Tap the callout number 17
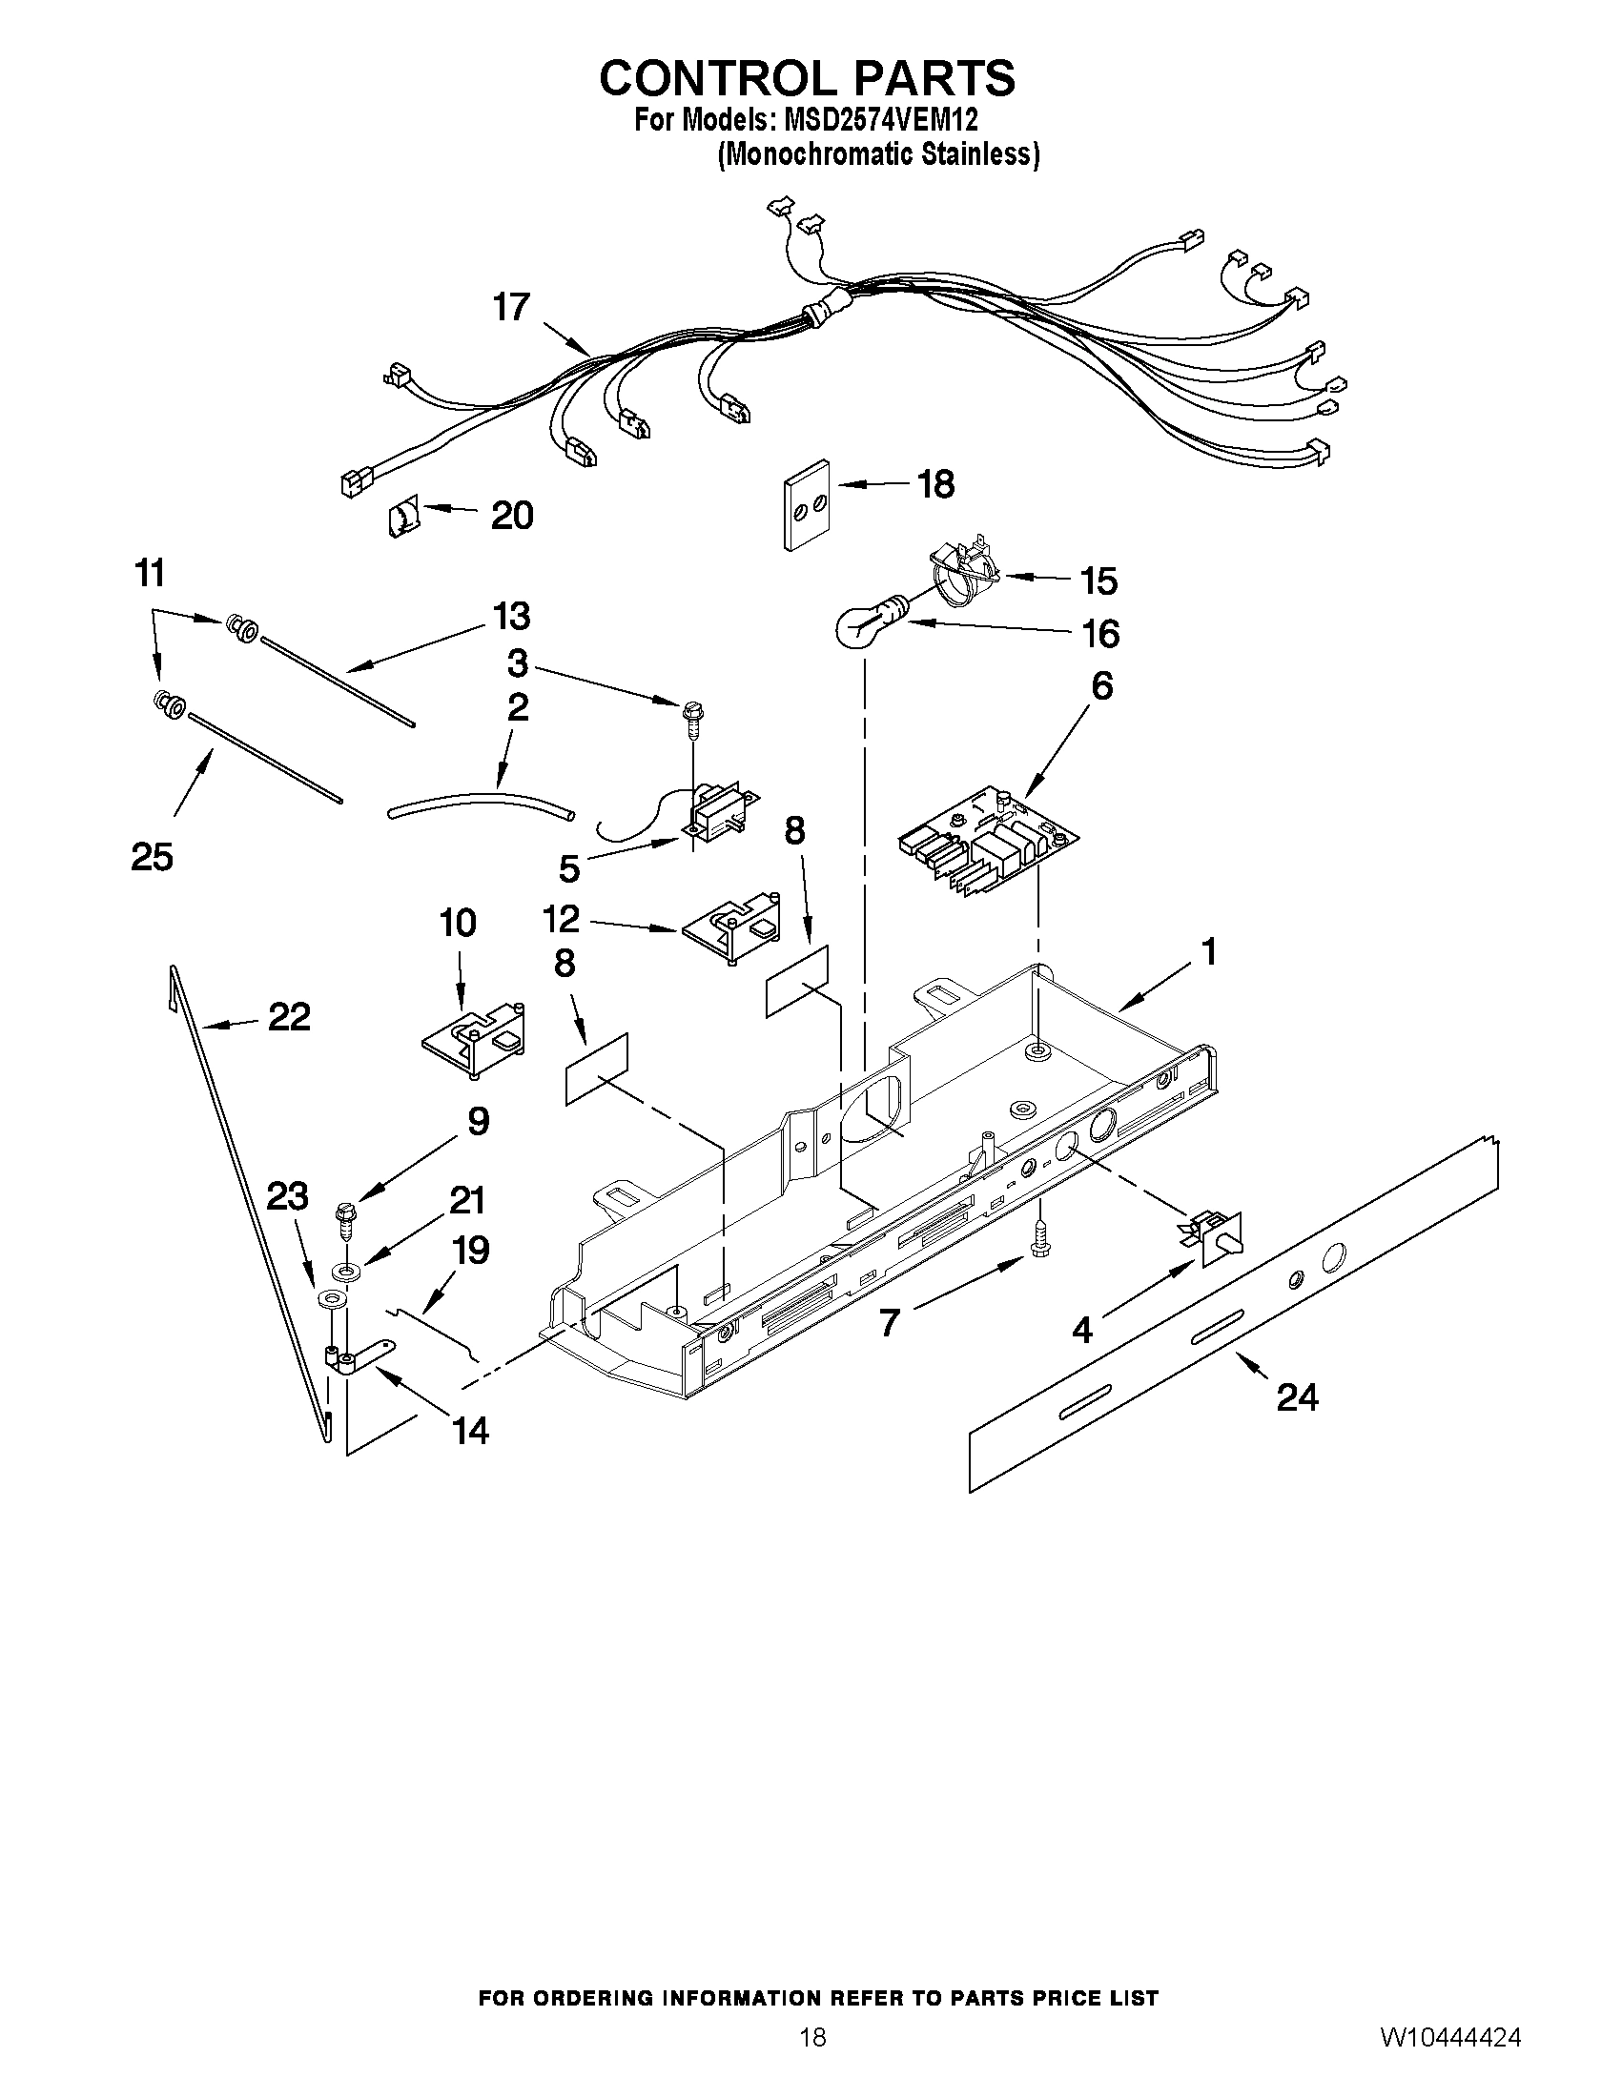click(x=511, y=307)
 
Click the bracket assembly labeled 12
click(x=733, y=928)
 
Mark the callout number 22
click(x=289, y=1017)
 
